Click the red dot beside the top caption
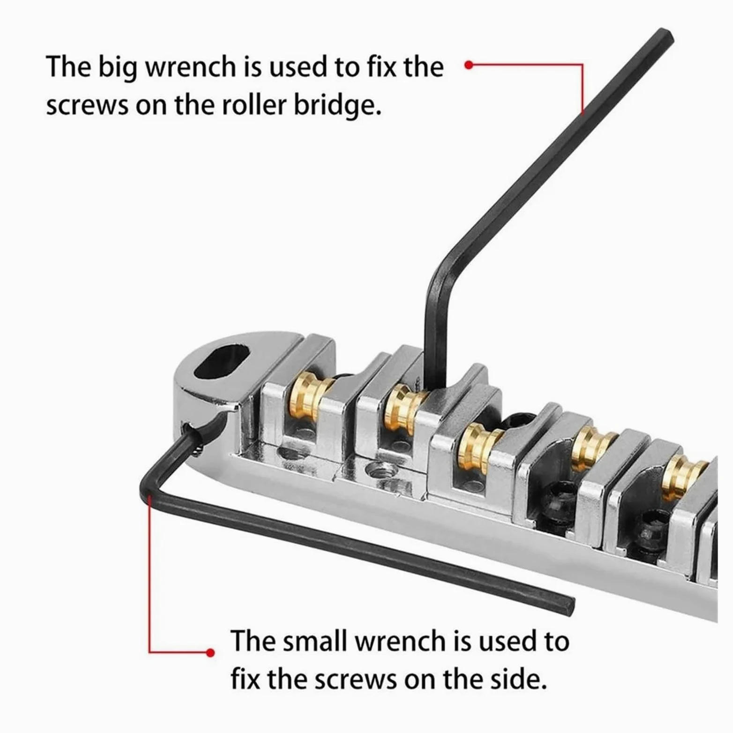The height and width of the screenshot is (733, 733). pos(468,65)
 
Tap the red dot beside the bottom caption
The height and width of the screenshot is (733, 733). pos(210,652)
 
